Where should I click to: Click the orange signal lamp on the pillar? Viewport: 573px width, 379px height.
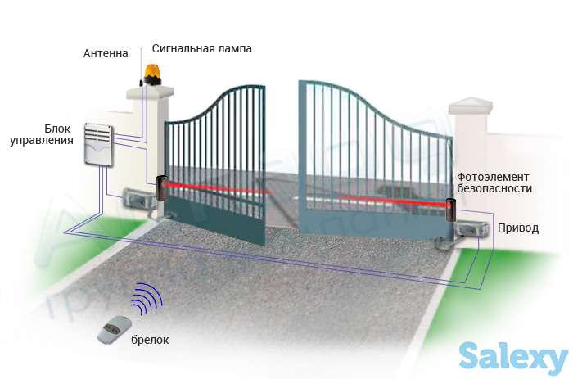153,71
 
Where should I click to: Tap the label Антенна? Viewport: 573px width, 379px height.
106,54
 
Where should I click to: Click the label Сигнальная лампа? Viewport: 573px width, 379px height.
201,48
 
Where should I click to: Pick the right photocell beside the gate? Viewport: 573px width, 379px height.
450,214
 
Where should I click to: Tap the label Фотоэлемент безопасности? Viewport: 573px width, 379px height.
494,183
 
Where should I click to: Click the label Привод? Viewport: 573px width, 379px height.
519,228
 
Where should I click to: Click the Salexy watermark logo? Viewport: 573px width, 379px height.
512,356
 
